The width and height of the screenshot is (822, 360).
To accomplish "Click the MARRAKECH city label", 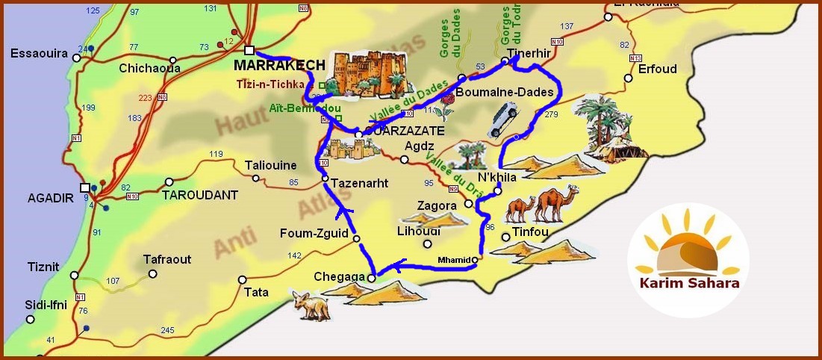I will tap(279, 65).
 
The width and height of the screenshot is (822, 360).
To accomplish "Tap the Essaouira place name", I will tap(40, 54).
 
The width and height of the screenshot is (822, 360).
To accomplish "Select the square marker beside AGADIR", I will tap(85, 187).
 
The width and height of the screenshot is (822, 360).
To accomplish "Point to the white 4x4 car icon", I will tap(502, 121).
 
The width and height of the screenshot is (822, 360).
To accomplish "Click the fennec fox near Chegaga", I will tap(311, 305).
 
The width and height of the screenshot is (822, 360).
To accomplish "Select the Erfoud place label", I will tap(657, 69).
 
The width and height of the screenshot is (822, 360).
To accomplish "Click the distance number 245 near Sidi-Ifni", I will tap(167, 330).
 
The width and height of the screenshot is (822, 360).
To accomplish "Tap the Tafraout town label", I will tap(167, 260).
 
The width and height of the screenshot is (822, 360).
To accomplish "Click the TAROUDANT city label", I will tap(200, 195).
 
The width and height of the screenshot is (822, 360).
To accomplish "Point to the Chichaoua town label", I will tap(149, 68).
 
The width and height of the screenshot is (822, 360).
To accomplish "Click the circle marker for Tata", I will tap(242, 279).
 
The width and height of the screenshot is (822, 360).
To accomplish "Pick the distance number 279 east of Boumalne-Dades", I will tap(552, 114).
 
